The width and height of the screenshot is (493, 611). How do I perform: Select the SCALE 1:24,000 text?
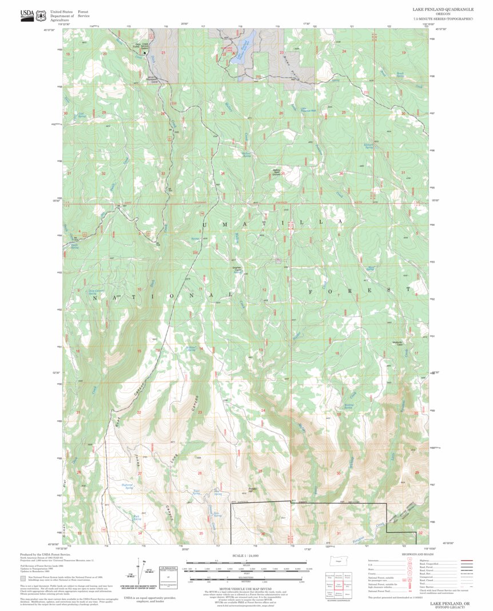click(x=246, y=556)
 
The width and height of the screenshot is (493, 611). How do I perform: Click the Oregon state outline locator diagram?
click(x=338, y=562)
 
